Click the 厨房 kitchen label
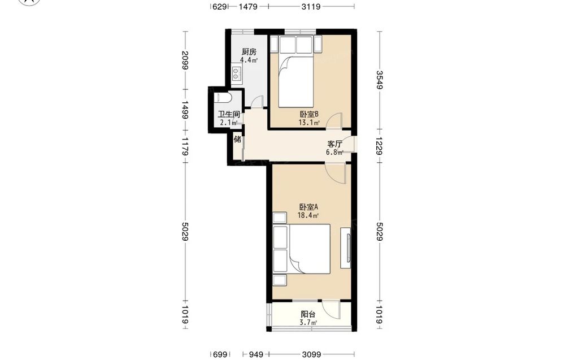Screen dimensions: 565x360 pyautogui.click(x=249, y=52)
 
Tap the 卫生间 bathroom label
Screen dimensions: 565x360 pyautogui.click(x=229, y=115)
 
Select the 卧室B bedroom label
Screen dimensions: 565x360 pyautogui.click(x=309, y=114)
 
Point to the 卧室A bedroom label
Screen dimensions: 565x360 pyautogui.click(x=308, y=207)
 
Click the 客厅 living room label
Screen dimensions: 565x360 pyautogui.click(x=334, y=144)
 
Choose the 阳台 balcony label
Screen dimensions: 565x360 pyautogui.click(x=308, y=315)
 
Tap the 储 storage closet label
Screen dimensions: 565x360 pyautogui.click(x=237, y=138)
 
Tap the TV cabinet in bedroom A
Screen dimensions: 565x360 pyautogui.click(x=346, y=248)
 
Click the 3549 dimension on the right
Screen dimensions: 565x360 pyautogui.click(x=380, y=80)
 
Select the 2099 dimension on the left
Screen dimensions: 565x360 pyautogui.click(x=185, y=60)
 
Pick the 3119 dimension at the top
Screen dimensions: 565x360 pyautogui.click(x=311, y=6)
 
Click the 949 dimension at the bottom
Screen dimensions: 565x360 pyautogui.click(x=256, y=354)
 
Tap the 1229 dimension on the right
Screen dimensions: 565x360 pyautogui.click(x=380, y=146)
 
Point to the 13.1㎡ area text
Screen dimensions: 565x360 pyautogui.click(x=309, y=123)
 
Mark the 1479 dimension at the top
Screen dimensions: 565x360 pyautogui.click(x=248, y=6)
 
